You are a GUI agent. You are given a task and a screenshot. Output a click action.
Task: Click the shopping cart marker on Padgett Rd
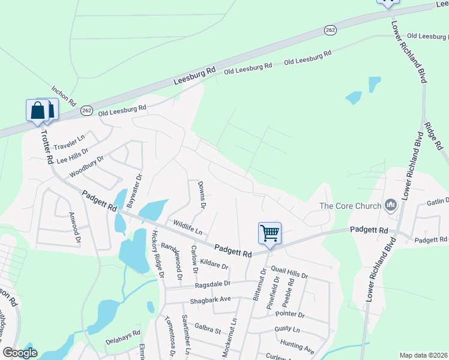(270, 233)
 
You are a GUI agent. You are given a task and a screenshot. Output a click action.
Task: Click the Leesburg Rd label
(194, 75)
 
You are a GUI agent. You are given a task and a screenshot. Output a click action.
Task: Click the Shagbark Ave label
(210, 299)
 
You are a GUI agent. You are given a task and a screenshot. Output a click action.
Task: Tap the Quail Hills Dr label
(289, 273)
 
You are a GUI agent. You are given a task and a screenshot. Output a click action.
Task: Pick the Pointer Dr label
(290, 314)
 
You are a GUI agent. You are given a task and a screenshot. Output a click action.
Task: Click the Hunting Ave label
(297, 347)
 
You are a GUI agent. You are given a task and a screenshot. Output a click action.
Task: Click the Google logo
(20, 353)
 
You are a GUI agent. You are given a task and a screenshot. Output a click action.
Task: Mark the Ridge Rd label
(433, 136)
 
